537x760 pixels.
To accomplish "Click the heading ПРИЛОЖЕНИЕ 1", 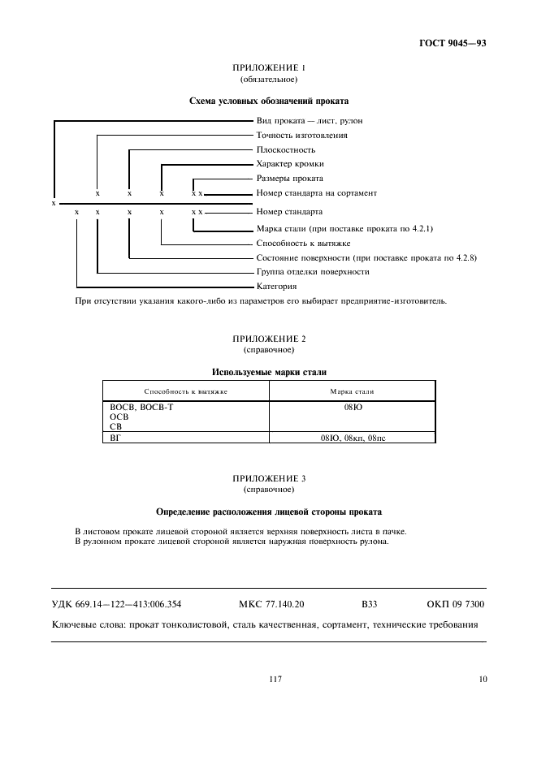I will point(268,68).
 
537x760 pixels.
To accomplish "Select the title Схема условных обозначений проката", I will point(268,101).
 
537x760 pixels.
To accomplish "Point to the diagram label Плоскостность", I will point(285,150).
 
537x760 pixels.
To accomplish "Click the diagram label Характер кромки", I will point(289,164).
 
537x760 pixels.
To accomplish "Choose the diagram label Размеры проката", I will point(289,179).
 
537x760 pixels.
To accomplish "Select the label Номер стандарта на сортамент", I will point(316,193).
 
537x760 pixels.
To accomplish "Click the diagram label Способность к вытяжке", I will point(303,243).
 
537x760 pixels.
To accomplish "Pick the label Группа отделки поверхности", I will point(312,271).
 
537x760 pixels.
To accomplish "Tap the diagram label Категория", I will point(276,287).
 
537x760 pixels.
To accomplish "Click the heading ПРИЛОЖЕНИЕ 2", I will point(268,338).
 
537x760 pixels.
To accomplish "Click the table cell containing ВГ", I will point(115,438).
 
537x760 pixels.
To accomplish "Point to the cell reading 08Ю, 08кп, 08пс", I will point(352,438).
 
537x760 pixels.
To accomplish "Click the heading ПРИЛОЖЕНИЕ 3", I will point(268,478).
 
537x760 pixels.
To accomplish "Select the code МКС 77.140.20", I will point(271,604).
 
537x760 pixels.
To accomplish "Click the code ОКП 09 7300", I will point(456,604).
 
